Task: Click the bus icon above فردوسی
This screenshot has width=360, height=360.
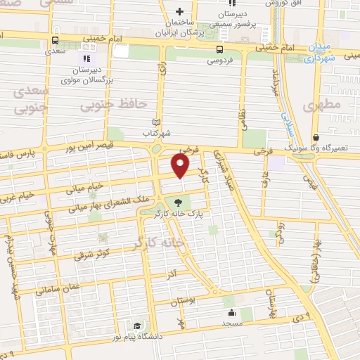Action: (x=220, y=49)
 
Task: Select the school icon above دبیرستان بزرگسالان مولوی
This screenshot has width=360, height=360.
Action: (x=86, y=58)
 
